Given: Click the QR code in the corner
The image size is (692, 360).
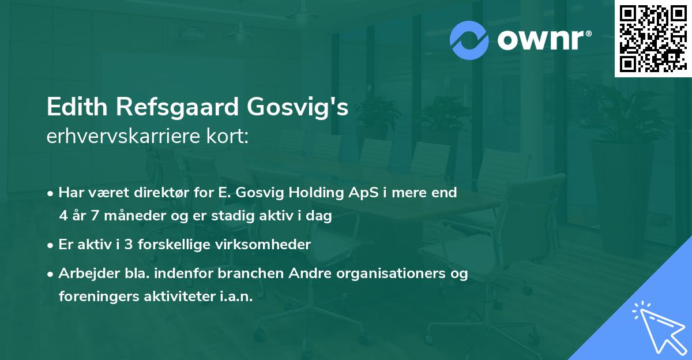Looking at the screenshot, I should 653,38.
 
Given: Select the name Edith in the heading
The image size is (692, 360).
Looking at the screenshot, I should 73,108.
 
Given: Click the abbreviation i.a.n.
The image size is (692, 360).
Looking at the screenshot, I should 235,297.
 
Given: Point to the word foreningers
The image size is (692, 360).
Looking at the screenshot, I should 97,297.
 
